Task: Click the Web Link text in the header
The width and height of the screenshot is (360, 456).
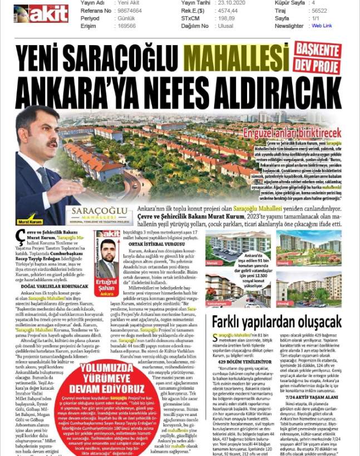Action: pyautogui.click(x=322, y=26)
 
